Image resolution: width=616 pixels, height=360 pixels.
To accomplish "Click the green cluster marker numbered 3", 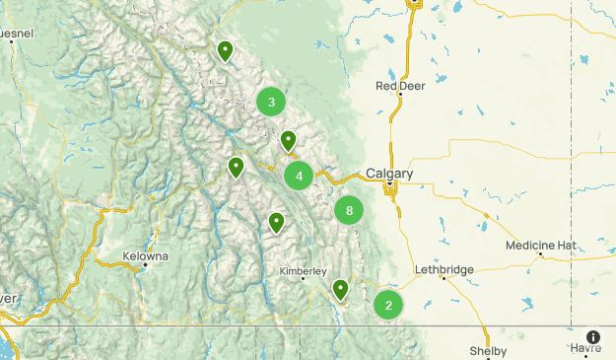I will [x=271, y=101].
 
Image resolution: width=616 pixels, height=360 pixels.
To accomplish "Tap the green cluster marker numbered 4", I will [x=299, y=177].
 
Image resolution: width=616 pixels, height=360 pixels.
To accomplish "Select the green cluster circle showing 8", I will [x=349, y=210].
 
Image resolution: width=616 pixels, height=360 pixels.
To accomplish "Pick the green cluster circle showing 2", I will [x=388, y=305].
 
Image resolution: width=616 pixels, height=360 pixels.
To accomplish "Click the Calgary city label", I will [x=389, y=174].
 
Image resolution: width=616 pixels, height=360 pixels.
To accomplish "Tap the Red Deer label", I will [x=400, y=86].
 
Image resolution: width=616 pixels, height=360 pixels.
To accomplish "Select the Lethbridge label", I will [x=445, y=269].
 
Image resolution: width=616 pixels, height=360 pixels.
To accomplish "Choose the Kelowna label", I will [x=145, y=255].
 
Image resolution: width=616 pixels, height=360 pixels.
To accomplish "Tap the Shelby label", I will [x=488, y=351].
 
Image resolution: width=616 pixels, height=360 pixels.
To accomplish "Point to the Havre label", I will [x=584, y=348].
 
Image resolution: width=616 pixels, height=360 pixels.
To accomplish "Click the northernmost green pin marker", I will [x=226, y=50].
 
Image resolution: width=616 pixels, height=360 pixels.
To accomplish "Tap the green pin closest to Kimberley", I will [x=340, y=288].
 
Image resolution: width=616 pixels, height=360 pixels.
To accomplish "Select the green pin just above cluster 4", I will [x=288, y=140].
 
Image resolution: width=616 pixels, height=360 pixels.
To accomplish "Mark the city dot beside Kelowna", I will [x=145, y=265].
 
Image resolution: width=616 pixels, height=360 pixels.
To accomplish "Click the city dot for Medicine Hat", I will [x=541, y=254].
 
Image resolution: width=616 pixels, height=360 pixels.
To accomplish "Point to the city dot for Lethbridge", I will [x=444, y=278].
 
